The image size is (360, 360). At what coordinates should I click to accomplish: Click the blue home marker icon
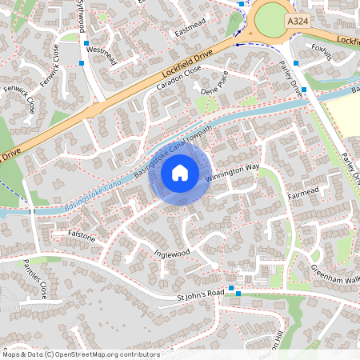180,172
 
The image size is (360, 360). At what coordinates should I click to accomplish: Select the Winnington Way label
233,171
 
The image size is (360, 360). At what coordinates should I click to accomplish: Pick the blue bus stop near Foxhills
295,62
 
